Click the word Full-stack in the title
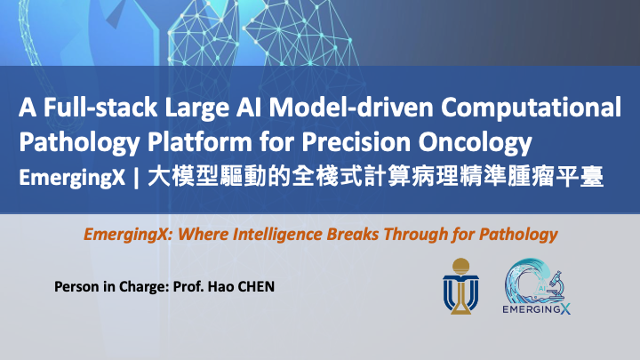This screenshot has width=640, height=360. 100,108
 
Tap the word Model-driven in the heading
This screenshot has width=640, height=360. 351,108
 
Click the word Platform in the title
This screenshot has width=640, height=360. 200,142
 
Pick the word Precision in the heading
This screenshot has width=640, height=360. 356,142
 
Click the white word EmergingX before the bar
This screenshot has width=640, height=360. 72,178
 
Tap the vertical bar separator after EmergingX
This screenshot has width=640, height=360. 137,179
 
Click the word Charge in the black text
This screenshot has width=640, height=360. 144,287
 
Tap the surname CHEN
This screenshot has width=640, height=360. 256,286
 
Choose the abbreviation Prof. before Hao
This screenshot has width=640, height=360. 188,286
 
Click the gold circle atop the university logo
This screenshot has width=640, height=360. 460,266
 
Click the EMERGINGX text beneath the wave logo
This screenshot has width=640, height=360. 536,309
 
